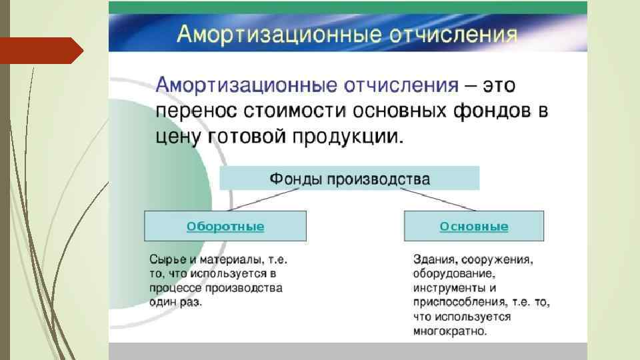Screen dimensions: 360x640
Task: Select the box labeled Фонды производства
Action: pos(349,179)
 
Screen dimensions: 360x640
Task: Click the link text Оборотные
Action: pos(225,227)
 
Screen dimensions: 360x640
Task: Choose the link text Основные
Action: pos(473,227)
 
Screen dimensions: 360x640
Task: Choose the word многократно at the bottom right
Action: pos(450,331)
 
